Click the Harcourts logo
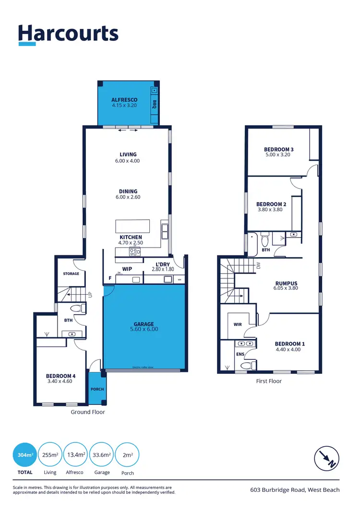point(68,35)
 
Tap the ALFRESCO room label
point(124,100)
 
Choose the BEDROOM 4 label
point(60,376)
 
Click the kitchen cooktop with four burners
point(134,251)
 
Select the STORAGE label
point(71,274)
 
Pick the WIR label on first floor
point(237,325)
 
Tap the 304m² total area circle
point(25,454)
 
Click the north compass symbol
point(327,458)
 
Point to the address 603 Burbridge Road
point(295,490)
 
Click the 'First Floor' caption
point(269,381)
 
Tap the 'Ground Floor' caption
point(88,412)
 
